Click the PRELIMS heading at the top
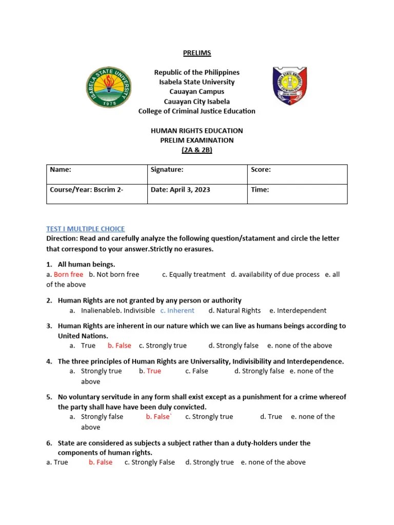click(x=198, y=53)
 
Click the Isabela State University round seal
click(x=108, y=88)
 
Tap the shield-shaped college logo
click(x=289, y=86)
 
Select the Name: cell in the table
click(x=96, y=174)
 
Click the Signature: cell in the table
click(x=197, y=174)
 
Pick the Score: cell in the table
click(x=297, y=174)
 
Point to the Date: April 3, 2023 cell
click(x=197, y=193)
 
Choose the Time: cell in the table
click(x=297, y=193)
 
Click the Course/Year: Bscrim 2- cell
click(x=96, y=193)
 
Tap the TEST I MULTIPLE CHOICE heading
click(x=86, y=229)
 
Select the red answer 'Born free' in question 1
click(x=68, y=274)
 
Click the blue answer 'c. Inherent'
click(x=177, y=310)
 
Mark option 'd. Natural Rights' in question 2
click(x=234, y=310)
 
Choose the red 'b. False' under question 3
click(x=119, y=346)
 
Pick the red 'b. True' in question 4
click(x=150, y=371)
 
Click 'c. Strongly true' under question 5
click(x=209, y=416)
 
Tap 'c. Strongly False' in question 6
click(x=149, y=462)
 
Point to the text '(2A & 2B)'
click(x=197, y=150)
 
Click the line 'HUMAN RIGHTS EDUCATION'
click(x=197, y=131)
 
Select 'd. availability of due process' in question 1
click(x=275, y=274)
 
